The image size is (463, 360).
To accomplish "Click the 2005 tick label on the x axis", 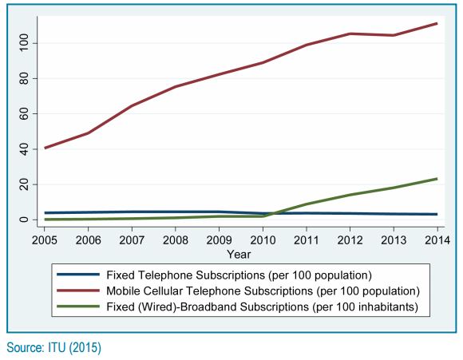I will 45,240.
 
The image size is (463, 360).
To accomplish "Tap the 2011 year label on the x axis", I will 305,240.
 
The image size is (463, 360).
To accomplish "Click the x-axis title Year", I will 239,254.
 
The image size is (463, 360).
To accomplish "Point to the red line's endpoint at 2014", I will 437,23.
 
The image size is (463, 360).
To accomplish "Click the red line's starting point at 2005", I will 46,148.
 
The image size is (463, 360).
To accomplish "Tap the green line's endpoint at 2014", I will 437,179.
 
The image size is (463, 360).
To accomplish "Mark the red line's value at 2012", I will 350,34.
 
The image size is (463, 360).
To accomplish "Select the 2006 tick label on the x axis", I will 88,240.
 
